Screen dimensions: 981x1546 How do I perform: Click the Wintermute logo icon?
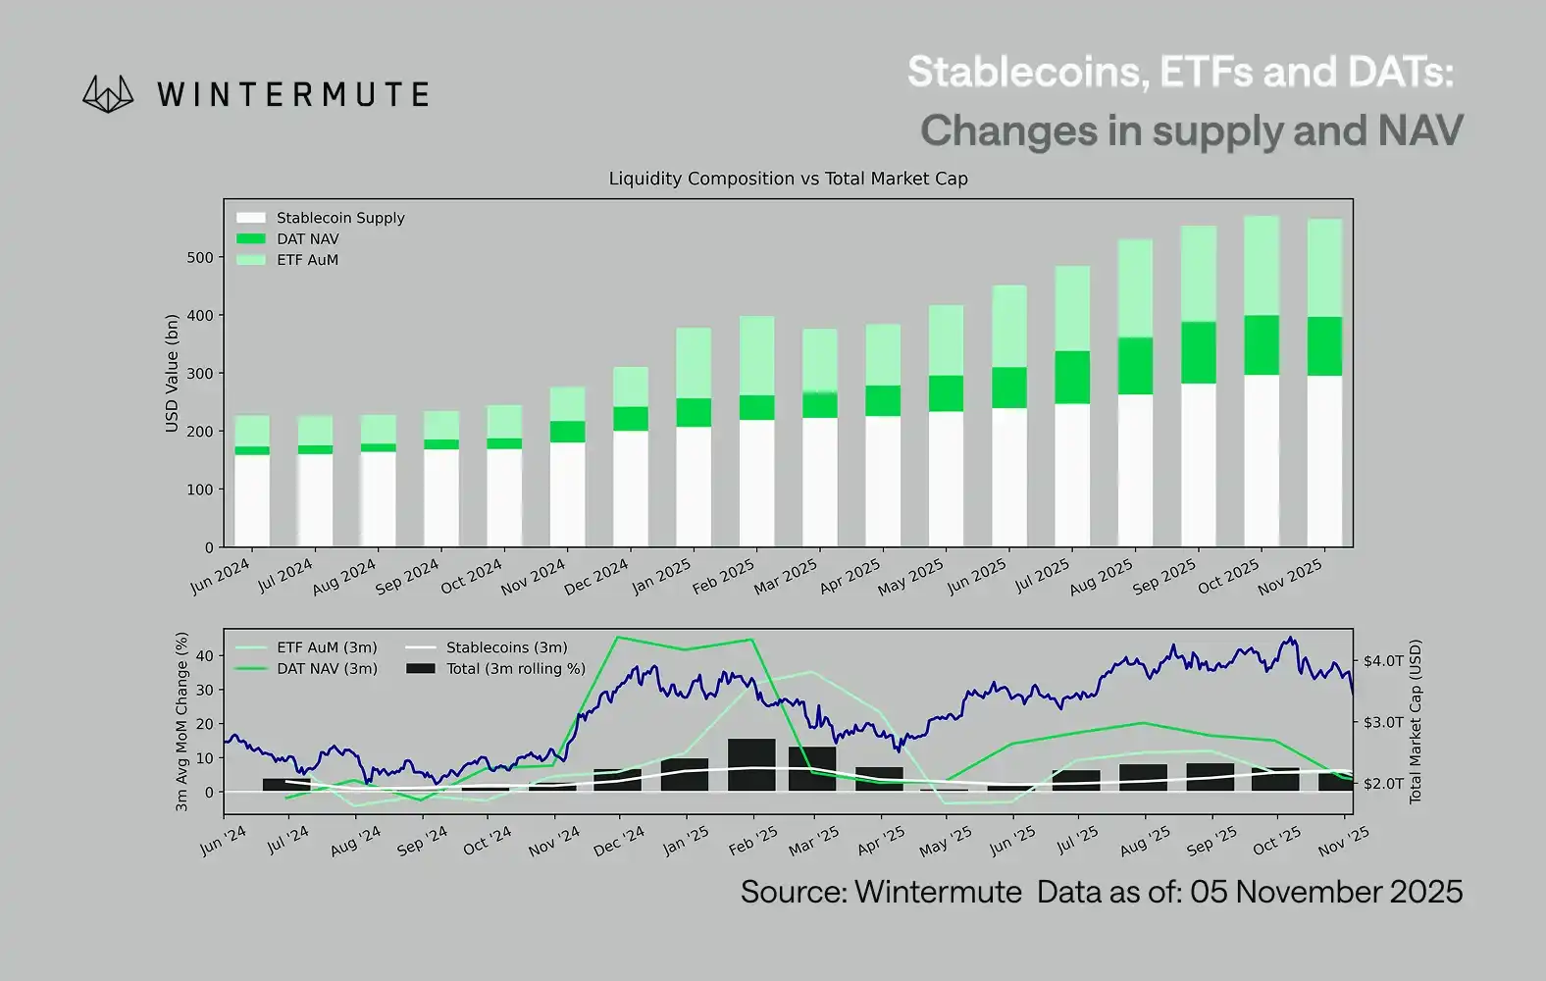tap(108, 94)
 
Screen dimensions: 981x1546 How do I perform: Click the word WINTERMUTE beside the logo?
tap(292, 95)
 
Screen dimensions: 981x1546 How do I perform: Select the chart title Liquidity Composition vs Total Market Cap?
tap(788, 179)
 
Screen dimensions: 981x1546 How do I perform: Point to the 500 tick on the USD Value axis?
tap(199, 258)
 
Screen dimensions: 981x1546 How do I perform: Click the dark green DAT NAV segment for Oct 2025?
tap(1262, 345)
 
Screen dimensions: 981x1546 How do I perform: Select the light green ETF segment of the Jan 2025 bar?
tap(694, 363)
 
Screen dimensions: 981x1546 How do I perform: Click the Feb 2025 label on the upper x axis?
tap(724, 576)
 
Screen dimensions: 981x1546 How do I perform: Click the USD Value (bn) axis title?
tap(172, 373)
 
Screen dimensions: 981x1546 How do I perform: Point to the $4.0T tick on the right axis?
tap(1383, 661)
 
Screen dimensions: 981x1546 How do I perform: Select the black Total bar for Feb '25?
tap(751, 764)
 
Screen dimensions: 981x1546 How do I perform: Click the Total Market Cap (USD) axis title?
tap(1416, 721)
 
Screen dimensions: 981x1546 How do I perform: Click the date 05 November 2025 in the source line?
tap(1325, 892)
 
